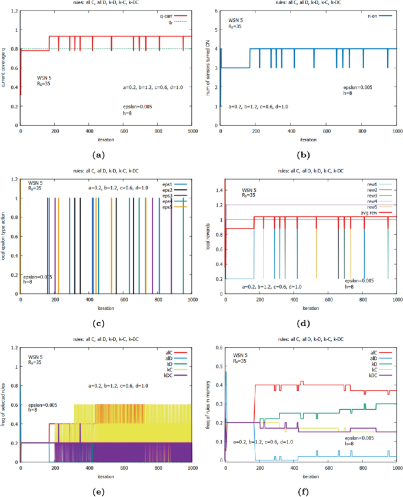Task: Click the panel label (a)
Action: [x=98, y=155]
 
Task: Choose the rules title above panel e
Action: [x=106, y=340]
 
